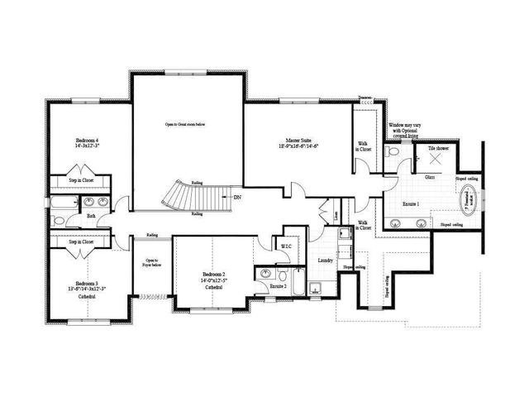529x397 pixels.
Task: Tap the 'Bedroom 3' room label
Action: coord(86,284)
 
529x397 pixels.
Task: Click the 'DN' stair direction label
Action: coord(237,198)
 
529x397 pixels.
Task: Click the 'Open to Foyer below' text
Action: coord(150,265)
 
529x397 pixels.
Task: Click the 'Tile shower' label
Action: coord(438,148)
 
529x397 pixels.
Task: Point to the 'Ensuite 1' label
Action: coord(405,203)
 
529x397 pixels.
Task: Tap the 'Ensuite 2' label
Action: coord(277,286)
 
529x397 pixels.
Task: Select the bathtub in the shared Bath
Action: coord(63,202)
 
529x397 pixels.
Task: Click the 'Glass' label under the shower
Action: coord(430,177)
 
